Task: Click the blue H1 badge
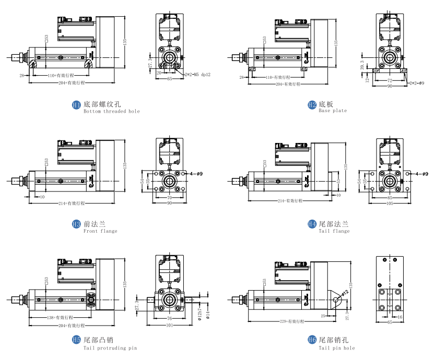pyautogui.click(x=76, y=105)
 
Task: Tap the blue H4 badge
pyautogui.click(x=312, y=224)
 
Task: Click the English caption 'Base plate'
pyautogui.click(x=333, y=111)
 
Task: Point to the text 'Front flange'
pyautogui.click(x=100, y=231)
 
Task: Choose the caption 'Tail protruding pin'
pyautogui.click(x=110, y=347)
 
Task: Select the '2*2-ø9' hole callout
pyautogui.click(x=417, y=82)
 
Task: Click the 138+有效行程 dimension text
pyautogui.click(x=59, y=317)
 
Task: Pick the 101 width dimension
pyautogui.click(x=169, y=327)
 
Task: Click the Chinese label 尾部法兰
pyautogui.click(x=333, y=224)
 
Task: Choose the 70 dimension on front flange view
pyautogui.click(x=169, y=198)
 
